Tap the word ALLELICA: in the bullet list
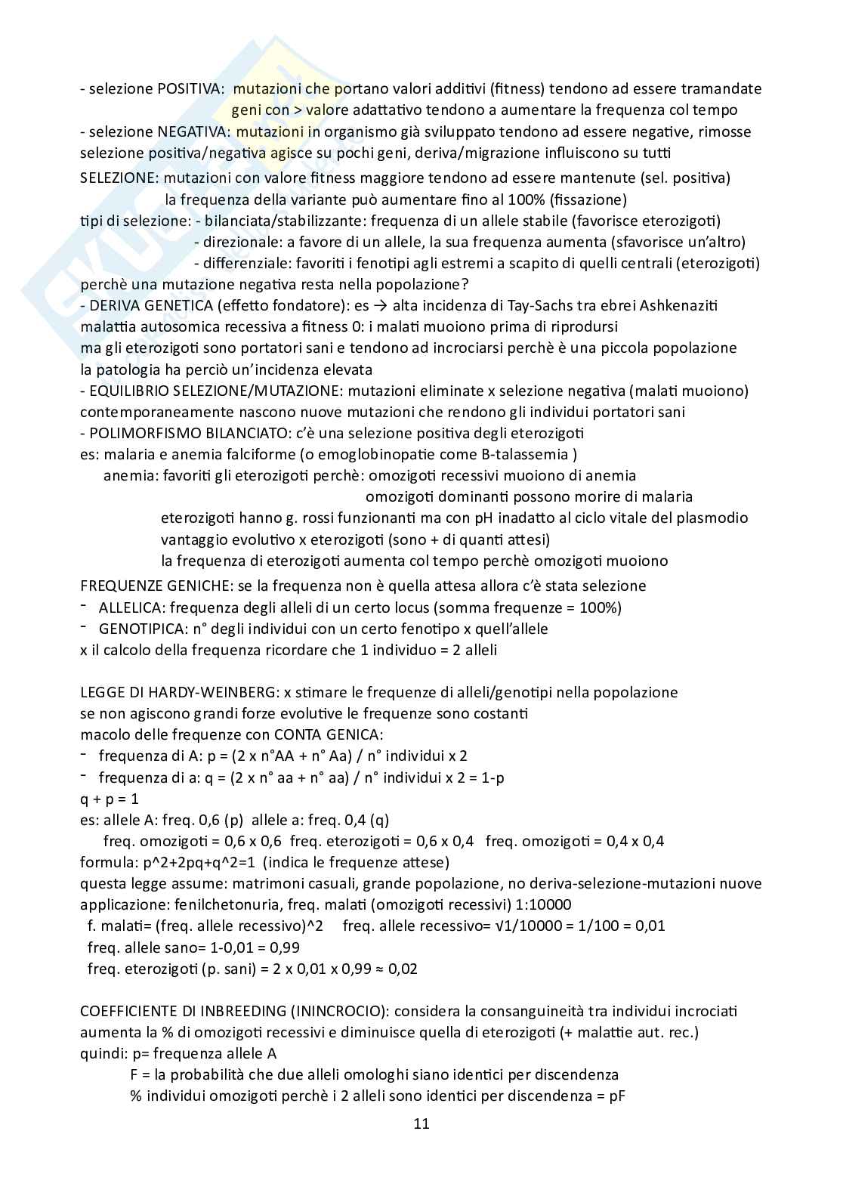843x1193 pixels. pos(133,607)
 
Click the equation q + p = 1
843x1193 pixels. pos(110,799)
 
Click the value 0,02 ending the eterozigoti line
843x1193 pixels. pos(403,969)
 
